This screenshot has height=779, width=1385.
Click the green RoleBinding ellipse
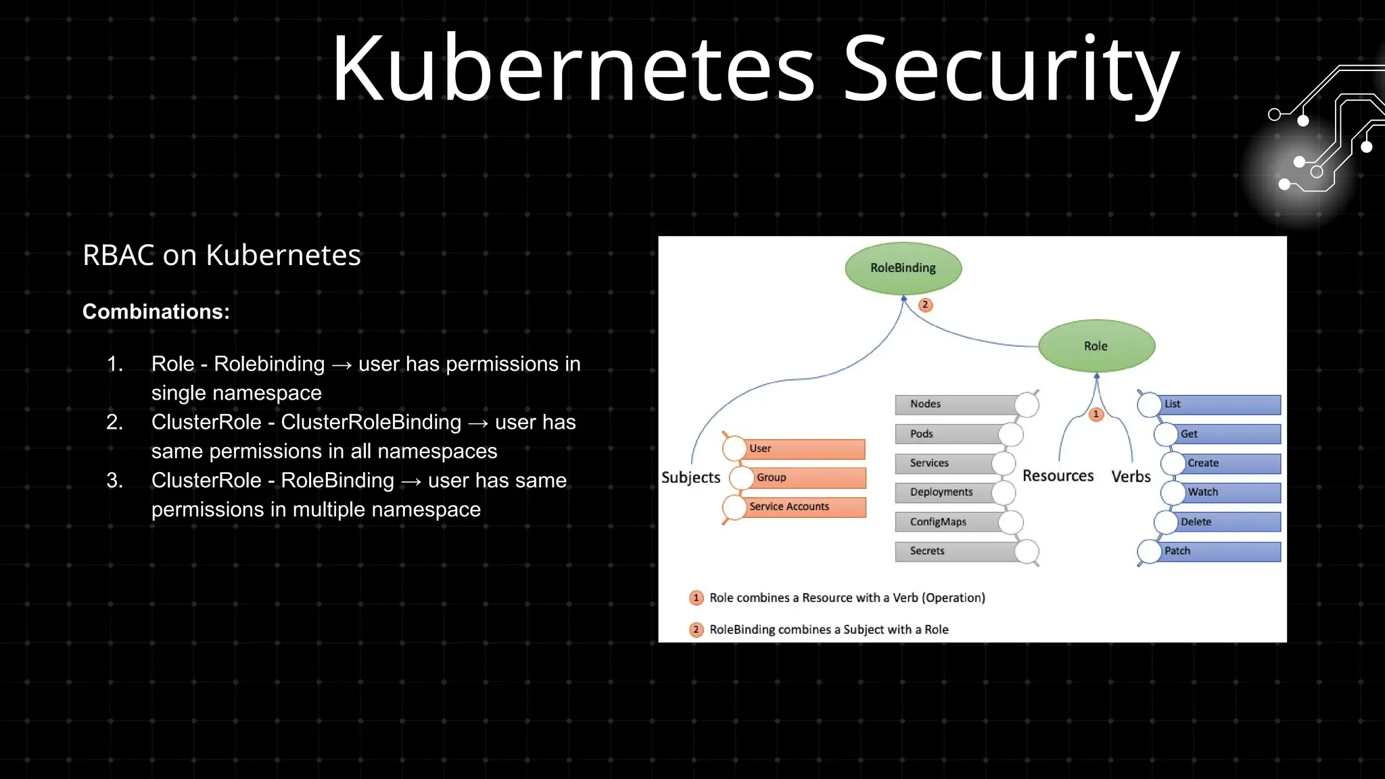903,268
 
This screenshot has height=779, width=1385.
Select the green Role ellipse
1096,346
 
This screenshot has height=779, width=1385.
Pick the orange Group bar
808,477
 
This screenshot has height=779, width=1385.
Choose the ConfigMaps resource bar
950,522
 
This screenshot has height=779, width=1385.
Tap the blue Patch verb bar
1217,551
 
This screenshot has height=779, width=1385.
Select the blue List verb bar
1217,404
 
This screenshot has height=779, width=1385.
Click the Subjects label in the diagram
690,477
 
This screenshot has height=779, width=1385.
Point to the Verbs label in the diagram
1131,477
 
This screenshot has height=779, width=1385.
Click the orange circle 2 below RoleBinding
925,305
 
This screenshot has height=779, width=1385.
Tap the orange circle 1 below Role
1096,415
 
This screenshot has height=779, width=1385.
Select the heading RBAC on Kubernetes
222,256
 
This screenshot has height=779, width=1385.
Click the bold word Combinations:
156,312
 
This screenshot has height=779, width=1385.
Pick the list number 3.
114,481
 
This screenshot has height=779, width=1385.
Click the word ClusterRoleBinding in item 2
371,423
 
